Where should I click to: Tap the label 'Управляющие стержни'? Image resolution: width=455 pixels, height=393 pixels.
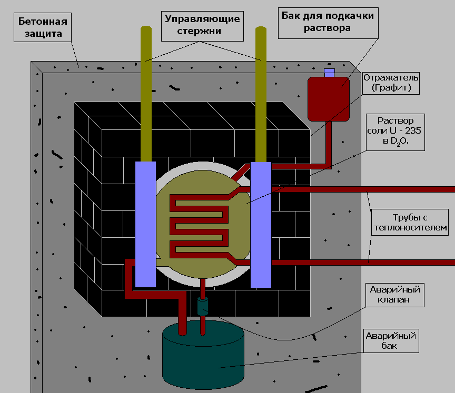tap(203, 25)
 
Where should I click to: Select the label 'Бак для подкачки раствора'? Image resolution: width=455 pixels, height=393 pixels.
tap(327, 22)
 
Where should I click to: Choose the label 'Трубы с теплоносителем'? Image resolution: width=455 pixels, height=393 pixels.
tap(410, 221)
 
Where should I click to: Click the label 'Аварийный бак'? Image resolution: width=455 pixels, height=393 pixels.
tap(391, 340)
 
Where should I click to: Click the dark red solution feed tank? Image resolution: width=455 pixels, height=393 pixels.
tap(328, 99)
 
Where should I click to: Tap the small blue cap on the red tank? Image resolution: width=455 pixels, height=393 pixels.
tap(330, 73)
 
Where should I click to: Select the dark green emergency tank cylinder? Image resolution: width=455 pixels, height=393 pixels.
tap(203, 358)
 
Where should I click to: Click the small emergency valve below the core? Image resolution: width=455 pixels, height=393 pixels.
tap(203, 306)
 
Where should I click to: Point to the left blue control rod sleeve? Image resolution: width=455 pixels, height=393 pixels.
tap(145, 224)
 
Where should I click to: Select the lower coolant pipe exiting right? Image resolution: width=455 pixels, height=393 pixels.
tap(369, 261)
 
